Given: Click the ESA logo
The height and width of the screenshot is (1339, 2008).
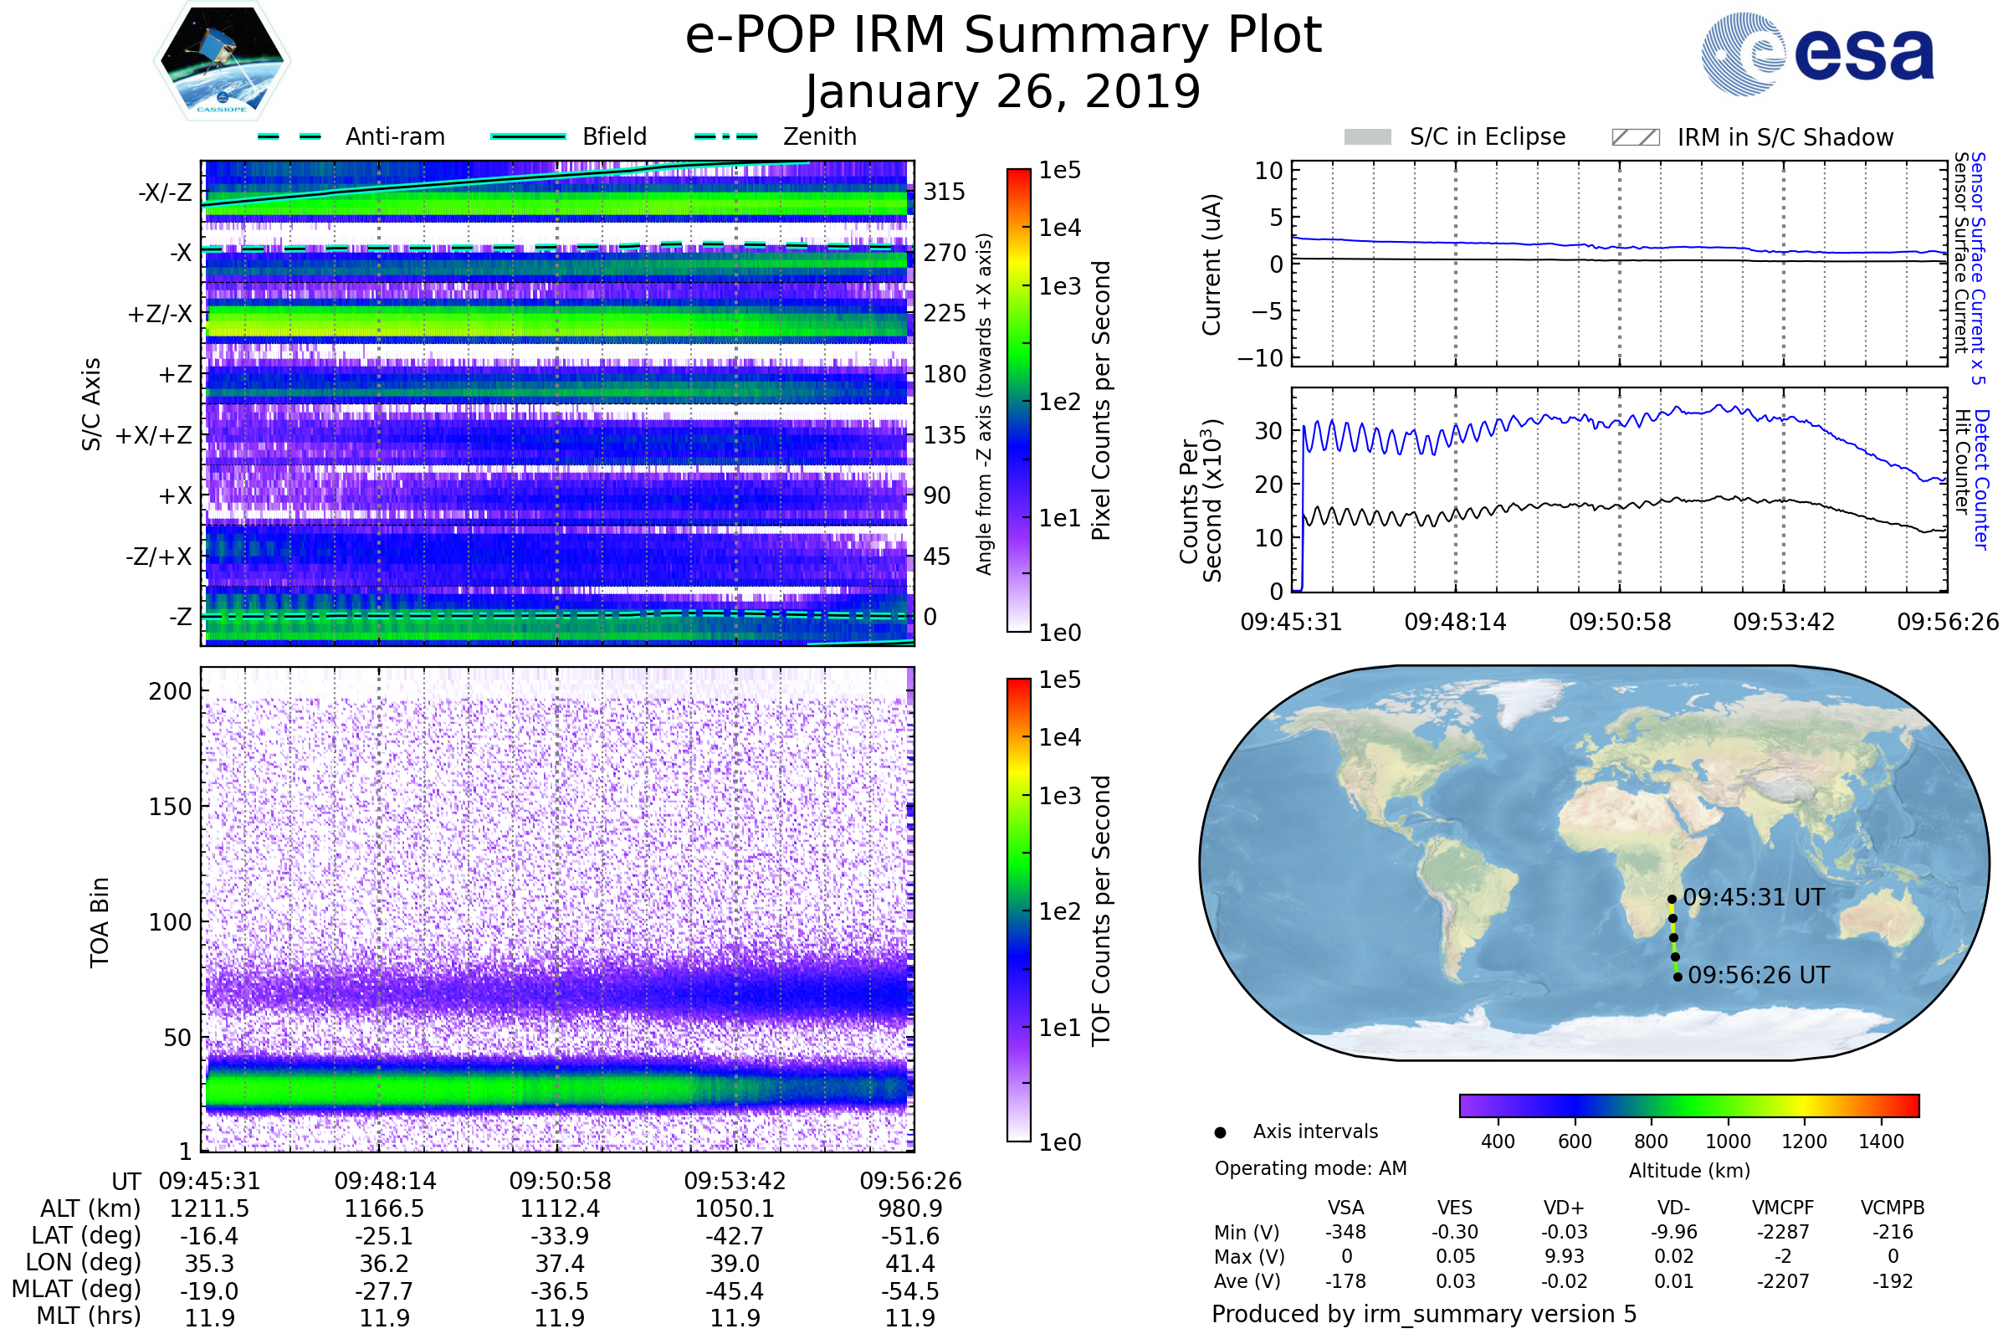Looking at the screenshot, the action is pos(1817,53).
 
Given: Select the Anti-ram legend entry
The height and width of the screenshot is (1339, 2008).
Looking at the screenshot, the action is pos(351,136).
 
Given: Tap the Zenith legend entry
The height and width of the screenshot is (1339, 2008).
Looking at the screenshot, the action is pos(776,136).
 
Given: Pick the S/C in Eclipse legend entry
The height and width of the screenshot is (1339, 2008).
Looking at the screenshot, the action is pos(1455,137).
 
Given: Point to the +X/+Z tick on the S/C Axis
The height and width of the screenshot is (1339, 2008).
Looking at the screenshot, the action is pos(154,435).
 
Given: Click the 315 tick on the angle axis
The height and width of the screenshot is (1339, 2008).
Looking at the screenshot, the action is pos(945,192).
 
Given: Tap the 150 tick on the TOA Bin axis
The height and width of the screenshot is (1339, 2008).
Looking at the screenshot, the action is pos(170,807).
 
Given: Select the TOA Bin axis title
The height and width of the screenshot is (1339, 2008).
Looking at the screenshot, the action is pos(100,922).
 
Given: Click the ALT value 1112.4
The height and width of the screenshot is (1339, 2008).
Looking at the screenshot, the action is pos(560,1209).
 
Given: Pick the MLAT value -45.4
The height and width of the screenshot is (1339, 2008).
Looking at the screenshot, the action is pos(735,1291).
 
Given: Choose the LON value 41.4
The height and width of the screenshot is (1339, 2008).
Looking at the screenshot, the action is pos(911,1264).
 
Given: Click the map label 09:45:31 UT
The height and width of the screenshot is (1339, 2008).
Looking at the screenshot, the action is pos(1754,897).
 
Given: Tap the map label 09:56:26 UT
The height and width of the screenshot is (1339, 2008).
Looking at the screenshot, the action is pos(1759,975).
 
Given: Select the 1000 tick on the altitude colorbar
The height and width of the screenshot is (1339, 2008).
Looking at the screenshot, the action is pos(1728,1141).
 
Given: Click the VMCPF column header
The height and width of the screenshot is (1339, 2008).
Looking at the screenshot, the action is pos(1783,1208).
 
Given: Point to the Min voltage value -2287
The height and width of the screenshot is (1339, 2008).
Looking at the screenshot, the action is pos(1783,1232).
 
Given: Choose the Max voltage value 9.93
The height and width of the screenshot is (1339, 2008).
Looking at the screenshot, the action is pos(1564,1256).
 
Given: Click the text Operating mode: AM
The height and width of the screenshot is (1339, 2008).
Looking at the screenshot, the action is pos(1310,1168).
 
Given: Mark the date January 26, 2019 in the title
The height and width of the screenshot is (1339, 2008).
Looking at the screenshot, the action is pos(1003,92).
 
